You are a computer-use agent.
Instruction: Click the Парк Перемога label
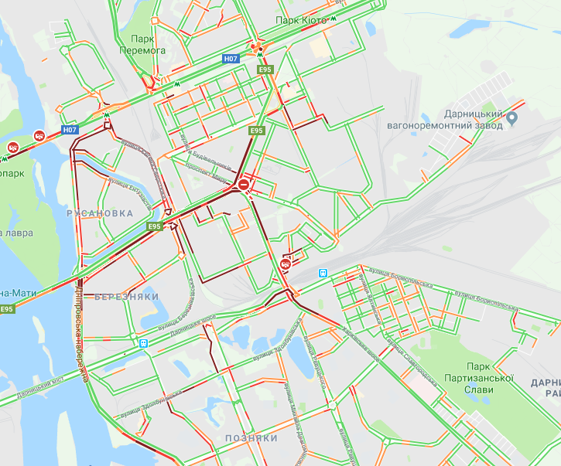coord(147,44)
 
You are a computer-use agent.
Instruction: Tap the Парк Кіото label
coord(301,20)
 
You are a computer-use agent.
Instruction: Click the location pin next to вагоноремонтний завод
coord(511,118)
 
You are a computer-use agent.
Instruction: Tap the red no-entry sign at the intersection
coord(244,185)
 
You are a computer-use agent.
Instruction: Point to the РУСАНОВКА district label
coord(100,213)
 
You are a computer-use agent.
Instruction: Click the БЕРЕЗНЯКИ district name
coord(127,296)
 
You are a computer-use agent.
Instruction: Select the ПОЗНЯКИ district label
coord(251,438)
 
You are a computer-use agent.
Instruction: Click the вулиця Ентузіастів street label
coord(112,180)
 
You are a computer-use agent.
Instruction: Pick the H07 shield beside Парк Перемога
coord(230,58)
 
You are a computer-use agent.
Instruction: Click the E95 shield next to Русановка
coord(155,226)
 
